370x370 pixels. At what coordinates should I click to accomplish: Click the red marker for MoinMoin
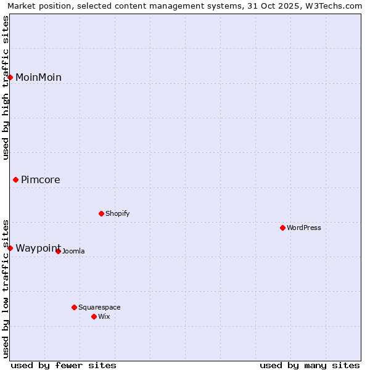[10, 77]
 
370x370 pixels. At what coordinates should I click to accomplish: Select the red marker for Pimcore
[16, 180]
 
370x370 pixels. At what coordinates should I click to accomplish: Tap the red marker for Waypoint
[10, 248]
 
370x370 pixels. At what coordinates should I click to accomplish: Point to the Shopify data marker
[101, 214]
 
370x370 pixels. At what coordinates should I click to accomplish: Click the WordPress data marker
[283, 228]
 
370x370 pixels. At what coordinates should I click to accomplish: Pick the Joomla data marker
[59, 251]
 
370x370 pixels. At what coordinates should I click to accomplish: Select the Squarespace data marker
[75, 307]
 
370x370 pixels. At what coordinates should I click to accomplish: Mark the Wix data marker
[94, 316]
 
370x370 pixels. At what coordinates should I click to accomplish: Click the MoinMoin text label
[38, 77]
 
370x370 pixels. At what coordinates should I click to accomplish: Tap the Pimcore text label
[41, 180]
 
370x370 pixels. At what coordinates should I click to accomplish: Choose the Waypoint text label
[38, 248]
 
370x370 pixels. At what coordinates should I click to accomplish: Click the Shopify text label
[117, 214]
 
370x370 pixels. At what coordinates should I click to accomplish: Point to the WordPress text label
[304, 228]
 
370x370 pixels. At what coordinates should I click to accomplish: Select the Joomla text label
[73, 252]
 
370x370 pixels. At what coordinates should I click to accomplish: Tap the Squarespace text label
[99, 308]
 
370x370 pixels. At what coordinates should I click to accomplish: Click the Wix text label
[104, 317]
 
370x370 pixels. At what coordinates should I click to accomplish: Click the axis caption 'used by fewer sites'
[64, 365]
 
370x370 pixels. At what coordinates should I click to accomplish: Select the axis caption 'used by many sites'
[310, 365]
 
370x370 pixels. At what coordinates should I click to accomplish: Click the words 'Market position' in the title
[37, 6]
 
